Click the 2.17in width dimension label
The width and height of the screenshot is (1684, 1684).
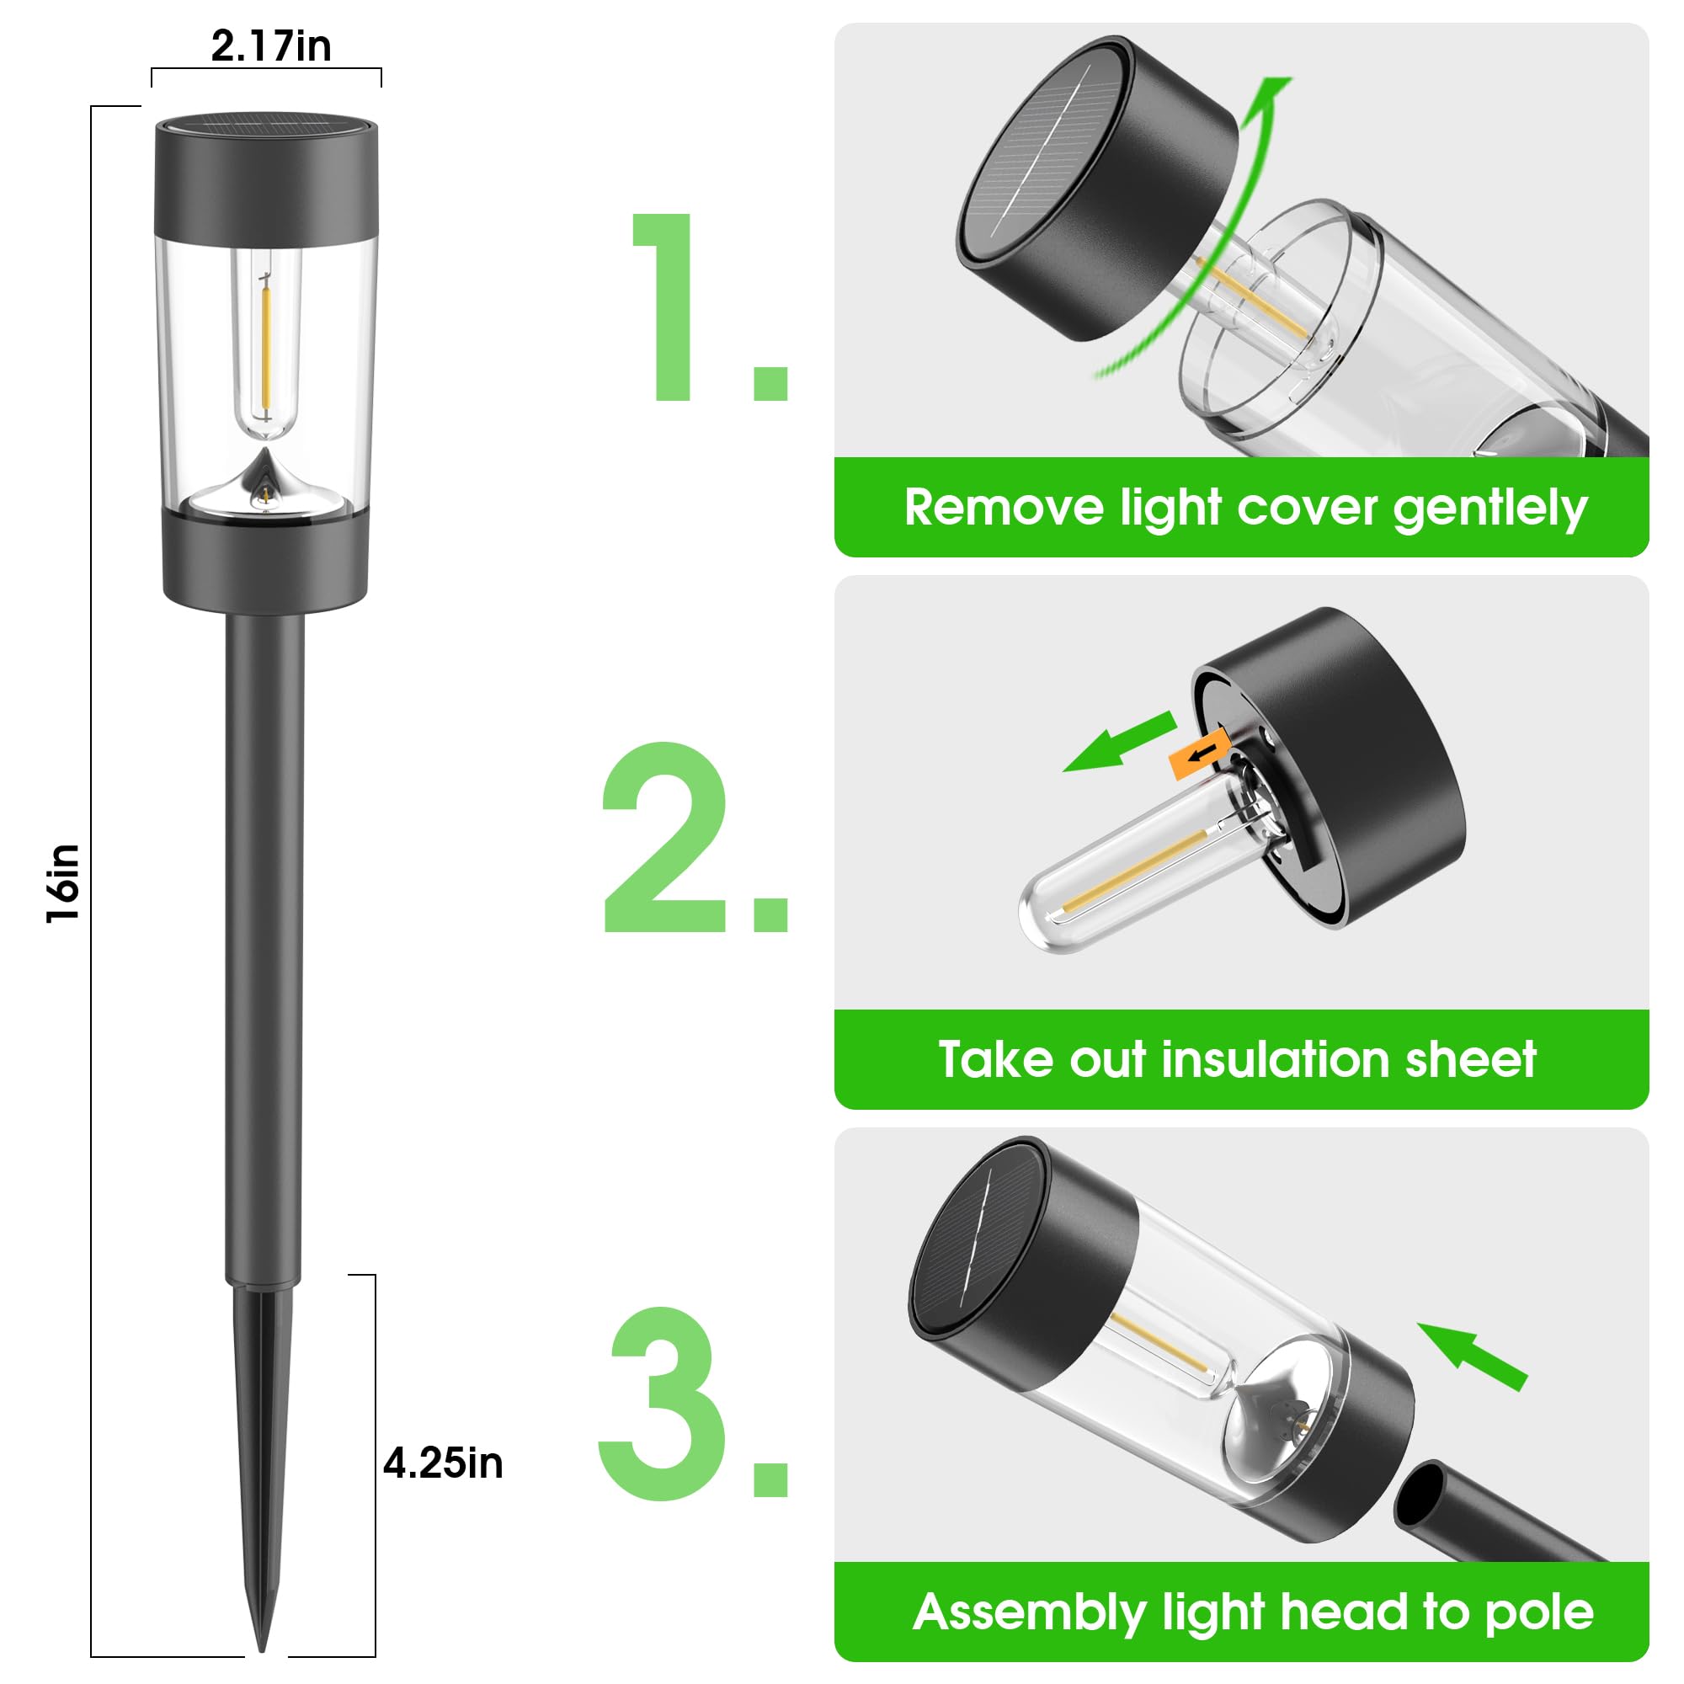click(x=270, y=46)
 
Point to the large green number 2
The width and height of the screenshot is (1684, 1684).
click(x=667, y=839)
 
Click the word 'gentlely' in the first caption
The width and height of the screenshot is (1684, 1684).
click(x=1489, y=509)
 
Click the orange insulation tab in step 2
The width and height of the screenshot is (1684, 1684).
click(x=1199, y=752)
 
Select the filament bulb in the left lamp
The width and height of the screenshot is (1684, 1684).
click(x=266, y=344)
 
